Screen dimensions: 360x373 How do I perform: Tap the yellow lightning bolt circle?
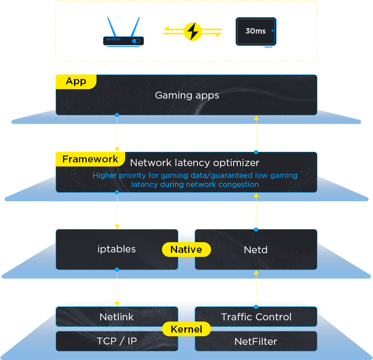point(193,31)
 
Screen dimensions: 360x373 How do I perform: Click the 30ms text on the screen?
point(255,31)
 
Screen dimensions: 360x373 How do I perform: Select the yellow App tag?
point(76,81)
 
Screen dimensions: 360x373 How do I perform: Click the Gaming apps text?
point(187,95)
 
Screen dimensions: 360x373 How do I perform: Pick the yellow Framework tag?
point(90,159)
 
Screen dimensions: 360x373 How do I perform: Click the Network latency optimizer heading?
point(195,163)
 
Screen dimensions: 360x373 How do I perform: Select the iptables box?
point(117,249)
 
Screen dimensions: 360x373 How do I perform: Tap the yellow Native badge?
point(186,250)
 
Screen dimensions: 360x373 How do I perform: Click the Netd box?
point(256,250)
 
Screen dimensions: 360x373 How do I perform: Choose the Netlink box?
point(117,317)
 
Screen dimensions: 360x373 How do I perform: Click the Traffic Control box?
point(256,317)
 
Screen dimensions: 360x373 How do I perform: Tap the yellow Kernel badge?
point(186,329)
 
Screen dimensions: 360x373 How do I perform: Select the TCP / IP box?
point(117,341)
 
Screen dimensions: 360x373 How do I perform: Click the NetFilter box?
point(256,341)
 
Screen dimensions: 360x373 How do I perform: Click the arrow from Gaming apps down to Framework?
point(117,133)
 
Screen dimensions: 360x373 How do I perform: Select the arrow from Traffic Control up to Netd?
point(256,288)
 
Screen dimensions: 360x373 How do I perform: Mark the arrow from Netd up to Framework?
point(256,211)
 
